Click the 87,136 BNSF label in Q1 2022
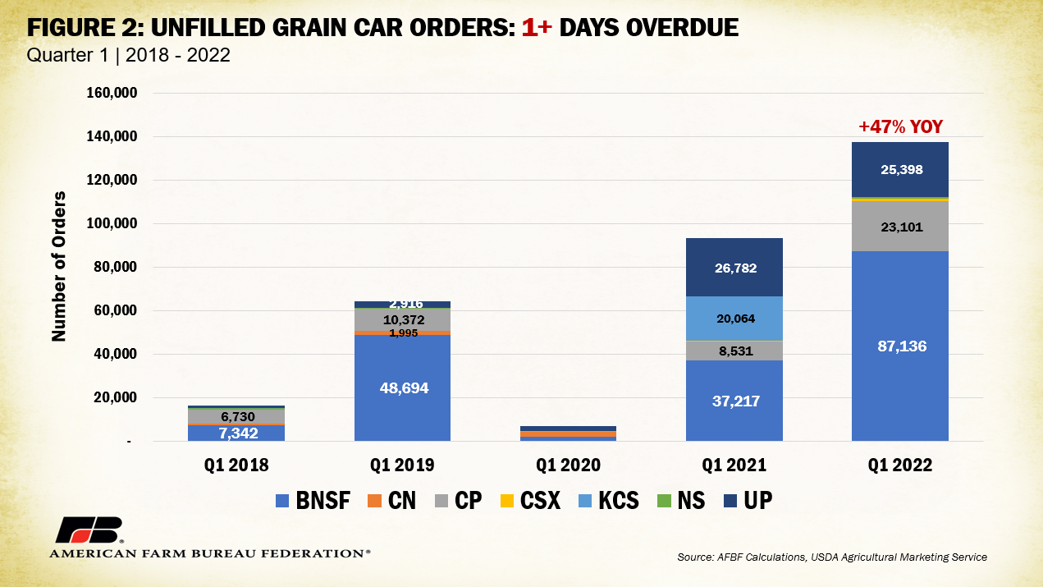tap(899, 346)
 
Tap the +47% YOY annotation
tap(899, 127)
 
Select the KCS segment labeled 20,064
tap(734, 319)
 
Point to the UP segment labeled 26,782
tap(734, 268)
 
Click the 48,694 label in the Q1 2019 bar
tap(402, 387)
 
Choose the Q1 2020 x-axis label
tap(568, 465)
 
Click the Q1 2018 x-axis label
tap(236, 465)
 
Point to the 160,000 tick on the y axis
tap(111, 93)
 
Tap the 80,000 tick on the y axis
tap(114, 267)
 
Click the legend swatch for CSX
tap(506, 500)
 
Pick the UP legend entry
tap(747, 500)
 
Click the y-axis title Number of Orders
tap(59, 268)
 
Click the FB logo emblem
tap(89, 530)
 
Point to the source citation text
tap(832, 557)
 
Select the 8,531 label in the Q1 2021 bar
tap(734, 351)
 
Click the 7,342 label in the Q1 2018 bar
tap(236, 433)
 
